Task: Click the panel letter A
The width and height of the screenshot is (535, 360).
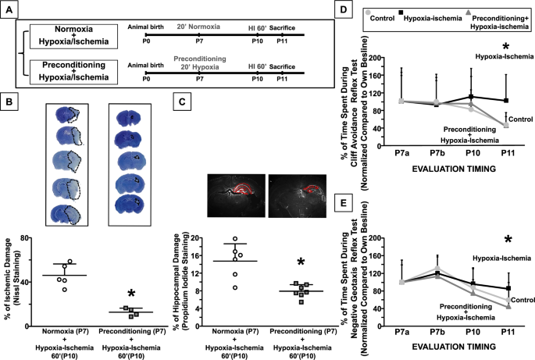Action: pyautogui.click(x=11, y=10)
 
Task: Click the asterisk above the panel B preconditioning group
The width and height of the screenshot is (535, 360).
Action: pyautogui.click(x=110, y=294)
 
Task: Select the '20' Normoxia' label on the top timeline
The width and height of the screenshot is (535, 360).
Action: pyautogui.click(x=198, y=25)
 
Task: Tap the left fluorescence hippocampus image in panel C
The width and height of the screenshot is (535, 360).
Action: pyautogui.click(x=234, y=195)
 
